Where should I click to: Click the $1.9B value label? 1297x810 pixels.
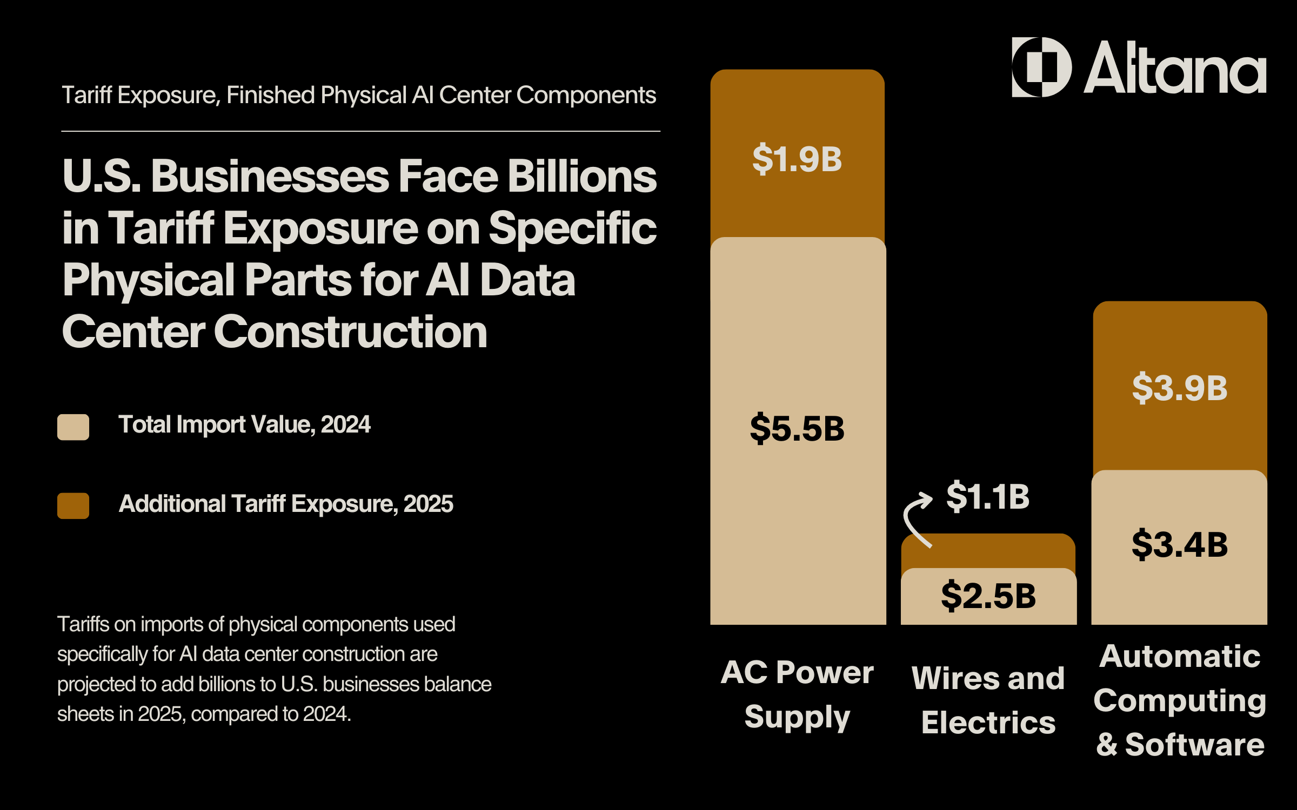coord(797,159)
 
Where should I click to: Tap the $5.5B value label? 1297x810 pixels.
coord(797,429)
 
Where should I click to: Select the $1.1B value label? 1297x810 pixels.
coord(988,496)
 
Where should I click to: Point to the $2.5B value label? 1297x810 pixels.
coord(988,596)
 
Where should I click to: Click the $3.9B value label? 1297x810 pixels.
coord(1180,388)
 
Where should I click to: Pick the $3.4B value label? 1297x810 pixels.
coord(1180,544)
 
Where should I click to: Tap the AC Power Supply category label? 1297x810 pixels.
coord(797,694)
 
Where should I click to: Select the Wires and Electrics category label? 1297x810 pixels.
coord(988,700)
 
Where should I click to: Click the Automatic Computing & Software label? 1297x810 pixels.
coord(1180,700)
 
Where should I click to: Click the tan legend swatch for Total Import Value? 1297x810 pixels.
coord(73,427)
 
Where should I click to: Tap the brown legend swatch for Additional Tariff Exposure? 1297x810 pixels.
coord(73,505)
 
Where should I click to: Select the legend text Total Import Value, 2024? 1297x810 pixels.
coord(244,424)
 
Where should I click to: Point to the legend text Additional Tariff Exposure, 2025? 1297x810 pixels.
coord(286,504)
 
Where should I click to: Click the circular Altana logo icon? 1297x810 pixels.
coord(1041,67)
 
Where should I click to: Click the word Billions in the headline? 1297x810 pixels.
coord(582,177)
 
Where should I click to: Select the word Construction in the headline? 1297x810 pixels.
coord(351,332)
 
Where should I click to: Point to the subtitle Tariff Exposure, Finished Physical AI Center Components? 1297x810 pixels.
coord(359,95)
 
